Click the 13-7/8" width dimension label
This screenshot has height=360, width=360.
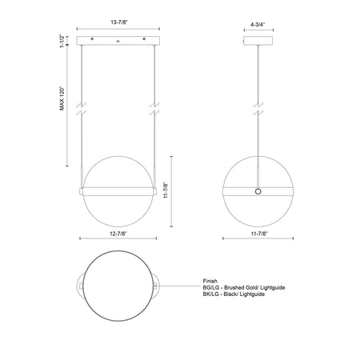[x=119, y=22]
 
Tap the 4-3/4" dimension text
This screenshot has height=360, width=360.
[x=258, y=25]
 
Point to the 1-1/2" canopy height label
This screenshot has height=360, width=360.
[x=62, y=41]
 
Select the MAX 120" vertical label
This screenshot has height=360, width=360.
[x=62, y=98]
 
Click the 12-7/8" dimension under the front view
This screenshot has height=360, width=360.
[x=118, y=234]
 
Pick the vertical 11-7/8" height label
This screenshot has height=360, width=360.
[x=166, y=190]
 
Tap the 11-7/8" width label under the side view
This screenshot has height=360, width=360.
[x=258, y=234]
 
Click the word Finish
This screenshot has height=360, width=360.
[x=210, y=281]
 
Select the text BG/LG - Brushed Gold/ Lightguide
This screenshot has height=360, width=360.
[x=244, y=287]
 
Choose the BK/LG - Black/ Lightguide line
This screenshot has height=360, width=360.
[x=234, y=294]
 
